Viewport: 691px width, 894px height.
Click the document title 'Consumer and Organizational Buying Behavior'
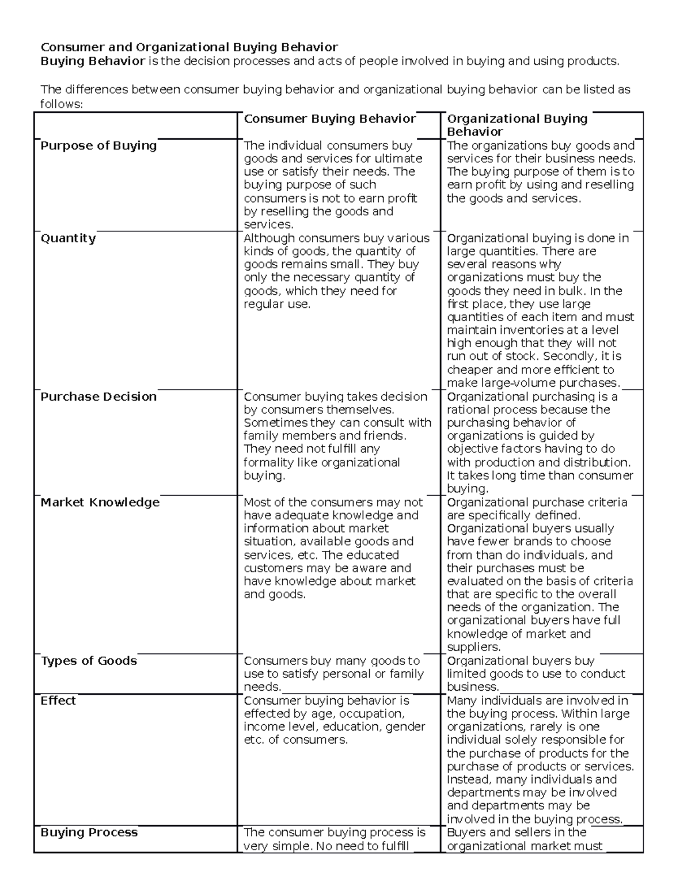click(x=189, y=47)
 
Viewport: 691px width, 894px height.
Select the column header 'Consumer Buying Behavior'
click(x=329, y=119)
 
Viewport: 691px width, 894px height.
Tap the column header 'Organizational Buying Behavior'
click(x=517, y=125)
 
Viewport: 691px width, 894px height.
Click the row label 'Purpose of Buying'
click(x=98, y=146)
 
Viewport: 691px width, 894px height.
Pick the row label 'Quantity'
click(x=68, y=238)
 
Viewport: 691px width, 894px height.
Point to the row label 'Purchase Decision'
click(x=98, y=397)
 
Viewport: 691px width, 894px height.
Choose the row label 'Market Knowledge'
click(x=100, y=503)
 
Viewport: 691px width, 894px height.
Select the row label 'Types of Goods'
click(x=89, y=661)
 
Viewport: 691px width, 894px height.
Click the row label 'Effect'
click(x=58, y=701)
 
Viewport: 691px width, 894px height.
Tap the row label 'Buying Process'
click(x=89, y=832)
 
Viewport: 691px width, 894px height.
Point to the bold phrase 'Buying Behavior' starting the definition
click(x=92, y=62)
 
